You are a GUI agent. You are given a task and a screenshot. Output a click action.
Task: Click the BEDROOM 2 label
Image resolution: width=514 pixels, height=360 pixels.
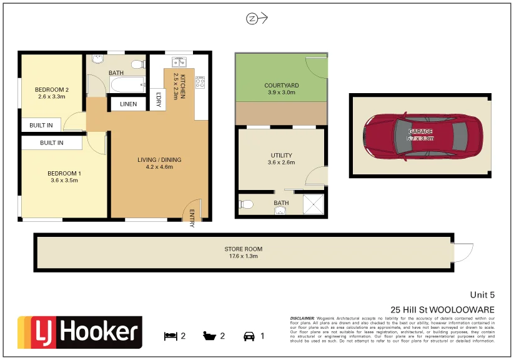pos(53,90)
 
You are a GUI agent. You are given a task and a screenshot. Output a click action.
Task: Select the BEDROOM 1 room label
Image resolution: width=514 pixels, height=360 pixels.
pos(64,173)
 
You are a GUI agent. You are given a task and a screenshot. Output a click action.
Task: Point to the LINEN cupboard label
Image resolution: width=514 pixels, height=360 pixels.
pos(128,104)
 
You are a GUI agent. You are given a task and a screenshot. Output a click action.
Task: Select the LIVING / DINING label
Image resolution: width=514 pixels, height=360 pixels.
pos(159,160)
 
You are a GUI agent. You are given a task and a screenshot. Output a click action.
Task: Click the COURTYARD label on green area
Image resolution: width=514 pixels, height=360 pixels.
pos(281,86)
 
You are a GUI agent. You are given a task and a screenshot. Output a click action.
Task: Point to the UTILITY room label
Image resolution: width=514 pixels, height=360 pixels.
pos(281,156)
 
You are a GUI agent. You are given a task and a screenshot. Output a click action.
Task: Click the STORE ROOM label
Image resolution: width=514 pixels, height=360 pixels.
pos(243,249)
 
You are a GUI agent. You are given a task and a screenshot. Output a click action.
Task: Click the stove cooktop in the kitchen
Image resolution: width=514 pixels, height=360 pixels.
pos(200,82)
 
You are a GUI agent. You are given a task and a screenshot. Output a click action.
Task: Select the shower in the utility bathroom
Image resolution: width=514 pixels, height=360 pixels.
pos(314,204)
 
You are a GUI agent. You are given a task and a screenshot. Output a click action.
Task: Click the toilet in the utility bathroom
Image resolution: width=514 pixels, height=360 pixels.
pos(247,204)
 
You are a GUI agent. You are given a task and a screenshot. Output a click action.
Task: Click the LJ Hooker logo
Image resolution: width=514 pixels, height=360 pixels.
pos(79,332)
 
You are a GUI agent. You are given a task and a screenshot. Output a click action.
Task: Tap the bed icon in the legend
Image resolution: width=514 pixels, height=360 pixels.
pos(170,336)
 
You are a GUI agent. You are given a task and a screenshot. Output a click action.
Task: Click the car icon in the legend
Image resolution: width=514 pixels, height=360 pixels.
pos(249,336)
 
